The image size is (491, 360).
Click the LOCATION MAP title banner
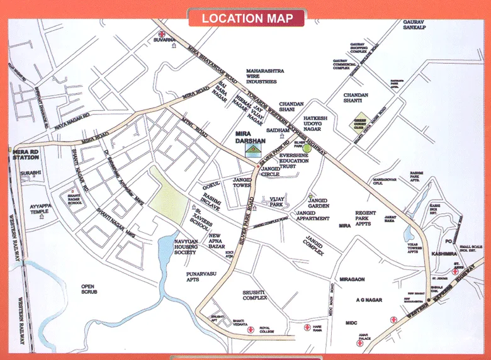246,18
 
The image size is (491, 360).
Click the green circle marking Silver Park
307,149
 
